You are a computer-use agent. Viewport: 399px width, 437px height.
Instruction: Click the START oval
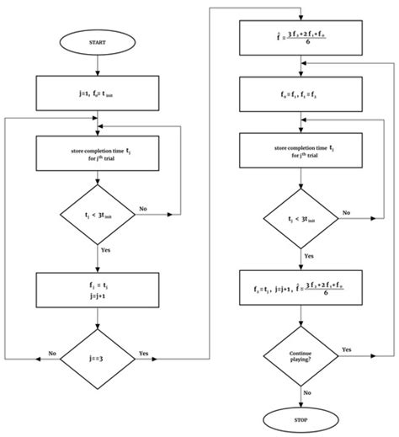(x=98, y=43)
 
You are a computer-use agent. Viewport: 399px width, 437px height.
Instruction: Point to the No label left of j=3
(x=52, y=354)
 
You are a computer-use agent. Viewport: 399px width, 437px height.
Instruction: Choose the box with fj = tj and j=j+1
(x=98, y=290)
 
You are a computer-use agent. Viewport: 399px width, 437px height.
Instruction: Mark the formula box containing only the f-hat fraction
(x=302, y=35)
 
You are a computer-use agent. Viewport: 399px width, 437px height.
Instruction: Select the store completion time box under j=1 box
(x=98, y=153)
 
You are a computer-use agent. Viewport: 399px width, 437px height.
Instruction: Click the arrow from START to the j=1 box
(x=98, y=65)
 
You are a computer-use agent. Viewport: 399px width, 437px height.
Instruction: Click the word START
(x=98, y=43)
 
